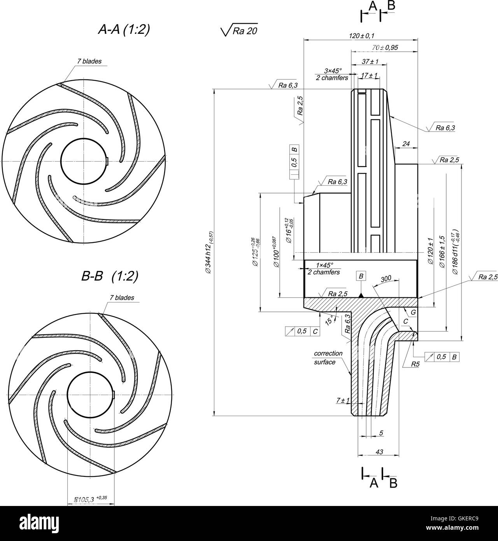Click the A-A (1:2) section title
tap(124, 30)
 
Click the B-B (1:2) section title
tap(110, 276)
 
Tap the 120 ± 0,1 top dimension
tap(361, 36)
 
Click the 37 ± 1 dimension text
tap(370, 61)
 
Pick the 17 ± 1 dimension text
tap(369, 75)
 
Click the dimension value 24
tap(406, 144)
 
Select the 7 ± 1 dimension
tap(343, 400)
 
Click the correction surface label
tap(328, 357)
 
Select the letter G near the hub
tap(413, 312)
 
